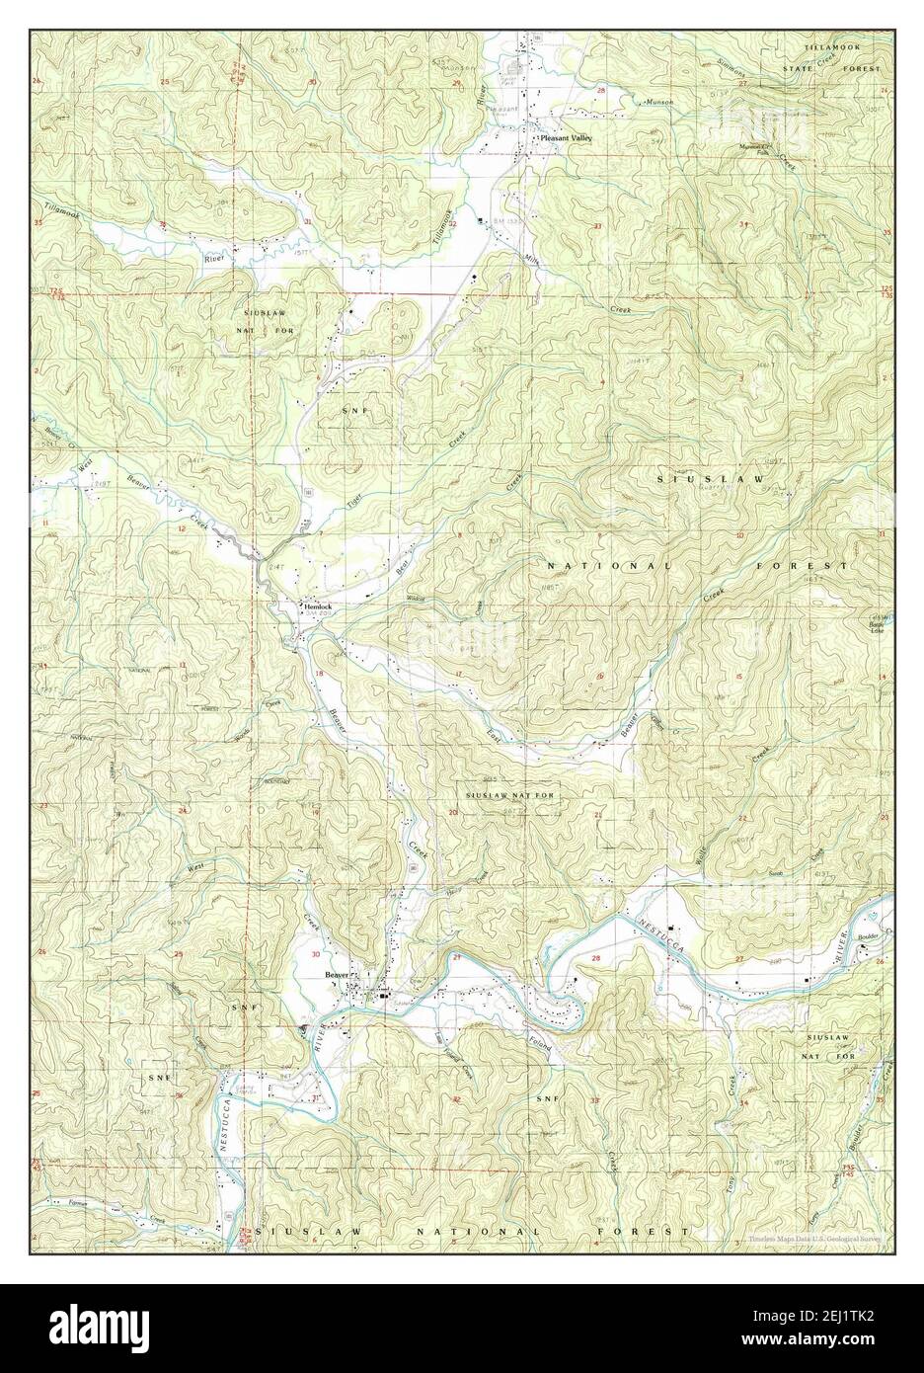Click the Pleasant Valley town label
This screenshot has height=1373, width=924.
click(566, 139)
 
